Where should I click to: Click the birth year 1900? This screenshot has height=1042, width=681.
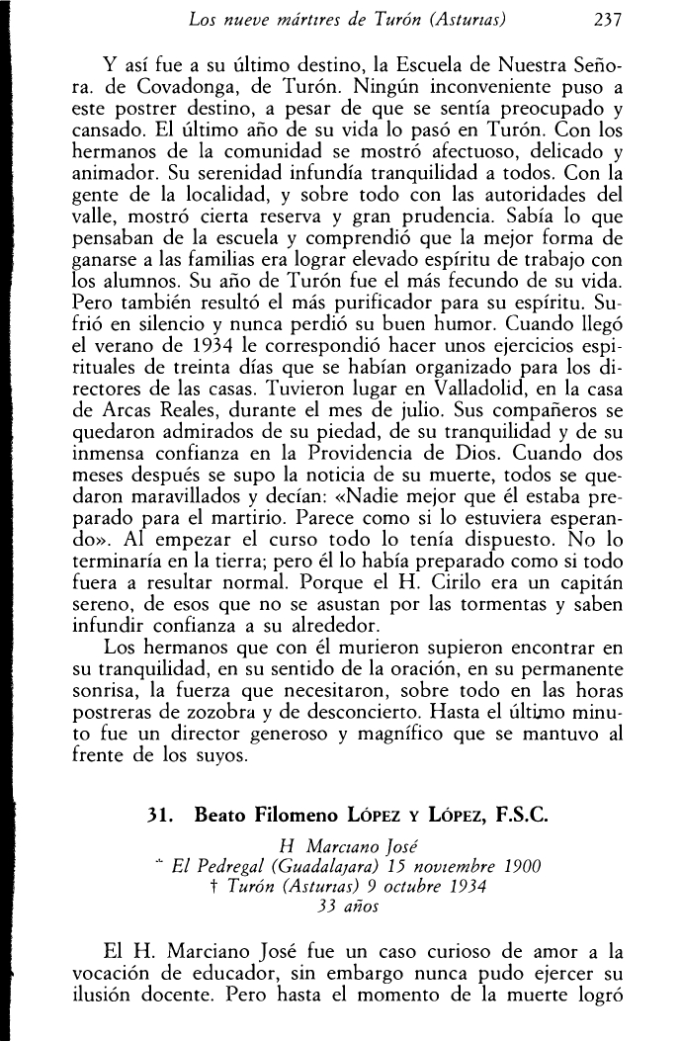coord(521,868)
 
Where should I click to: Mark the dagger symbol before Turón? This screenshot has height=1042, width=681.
coord(214,887)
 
